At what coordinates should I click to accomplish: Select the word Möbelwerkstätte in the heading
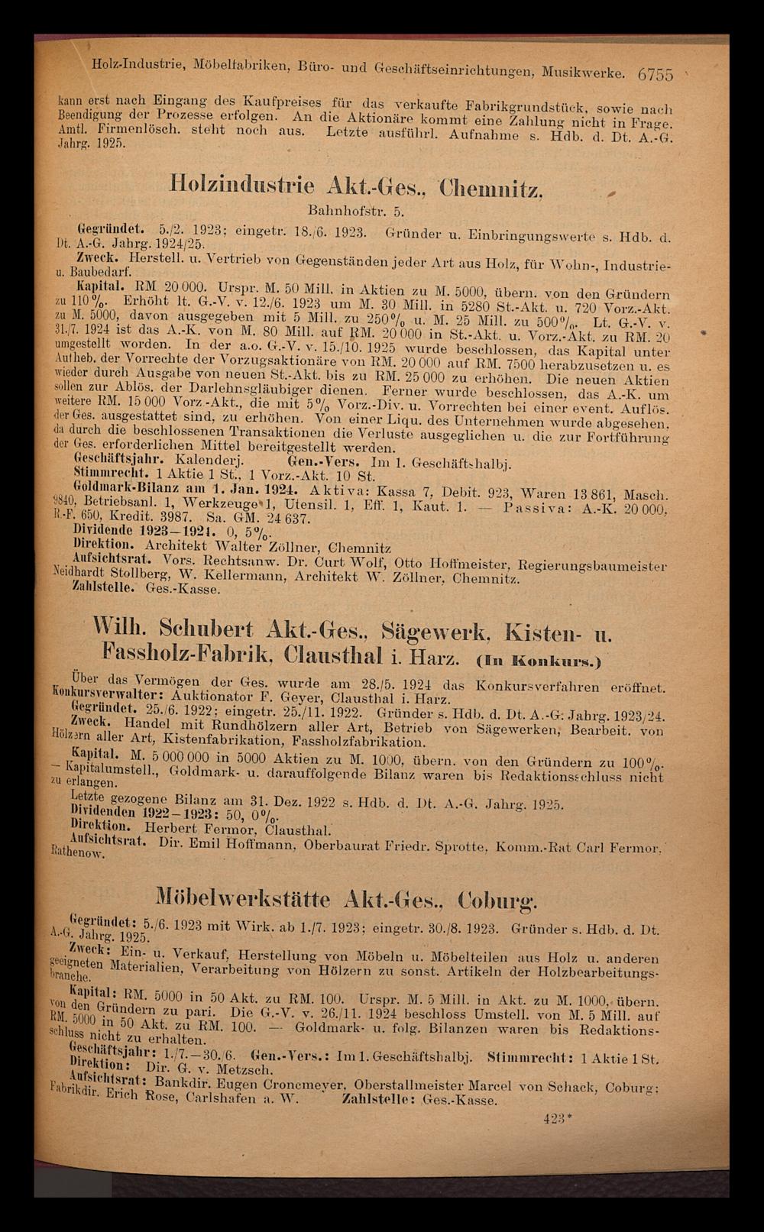244,897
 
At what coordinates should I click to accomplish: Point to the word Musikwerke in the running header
584,74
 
